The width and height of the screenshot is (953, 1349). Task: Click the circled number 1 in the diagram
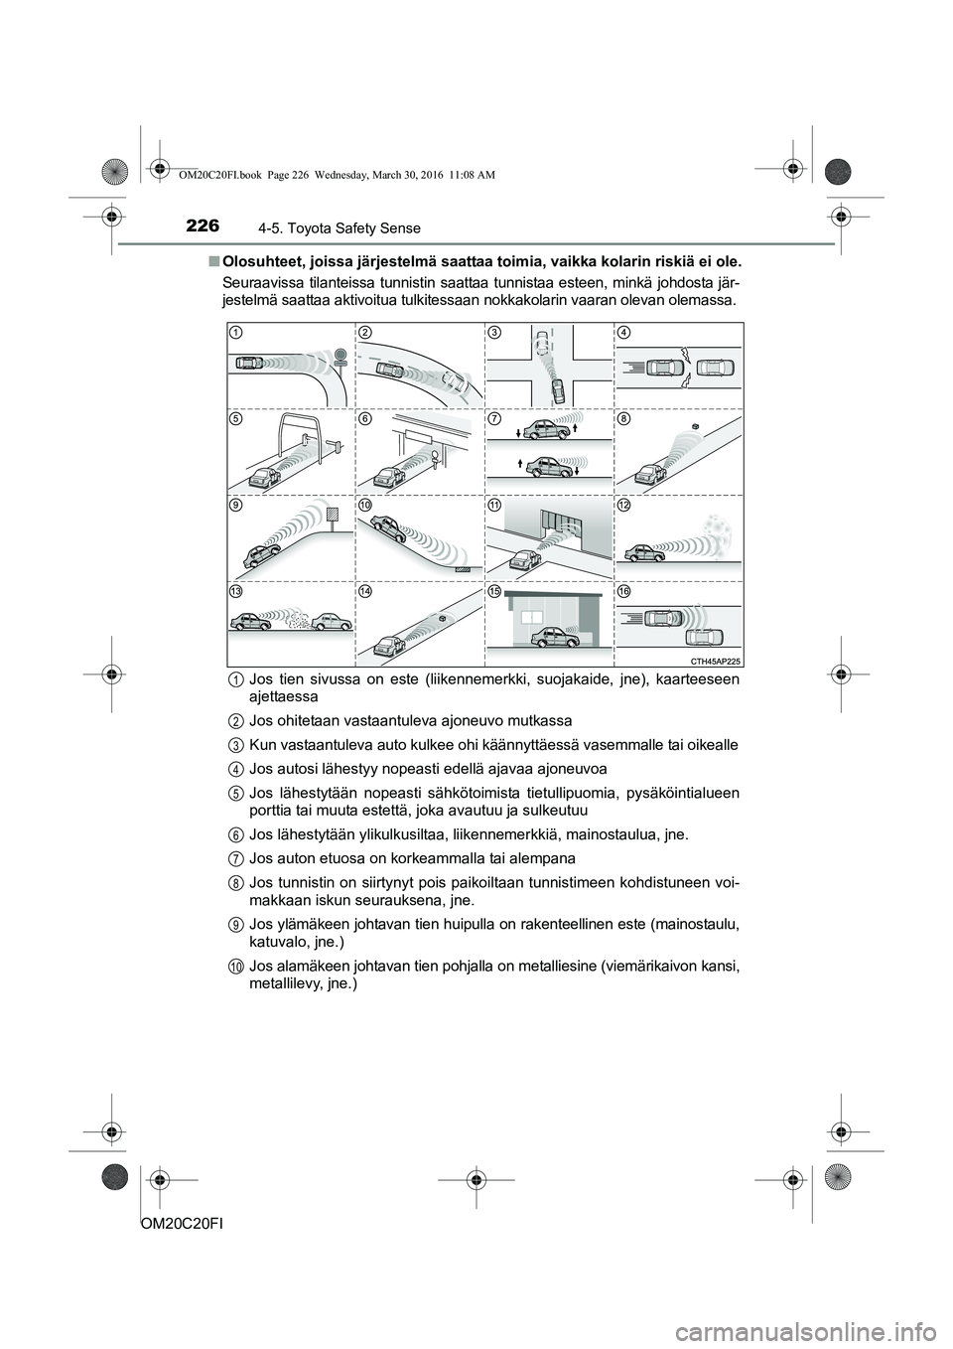pyautogui.click(x=236, y=331)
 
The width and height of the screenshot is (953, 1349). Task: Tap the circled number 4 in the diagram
pyautogui.click(x=623, y=331)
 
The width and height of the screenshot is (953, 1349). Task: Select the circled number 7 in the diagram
pyautogui.click(x=494, y=418)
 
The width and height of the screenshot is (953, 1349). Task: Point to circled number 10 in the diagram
pyautogui.click(x=365, y=506)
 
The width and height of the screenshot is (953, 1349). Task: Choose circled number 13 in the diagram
pyautogui.click(x=236, y=592)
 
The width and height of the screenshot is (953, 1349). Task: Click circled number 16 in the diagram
pyautogui.click(x=623, y=592)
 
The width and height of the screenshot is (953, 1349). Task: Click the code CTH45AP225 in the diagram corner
pyautogui.click(x=713, y=658)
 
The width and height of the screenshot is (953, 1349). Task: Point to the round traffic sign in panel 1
pyautogui.click(x=340, y=355)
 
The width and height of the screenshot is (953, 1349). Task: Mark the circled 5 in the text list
pyautogui.click(x=229, y=792)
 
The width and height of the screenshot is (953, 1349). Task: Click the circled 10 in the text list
pyautogui.click(x=229, y=967)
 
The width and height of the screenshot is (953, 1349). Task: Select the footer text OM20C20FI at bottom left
pyautogui.click(x=174, y=1228)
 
